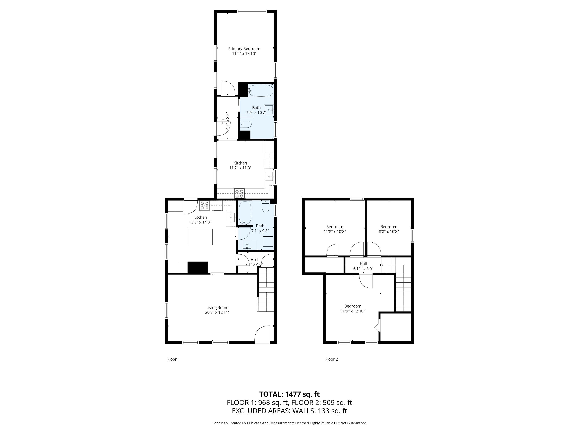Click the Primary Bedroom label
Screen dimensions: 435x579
point(244,49)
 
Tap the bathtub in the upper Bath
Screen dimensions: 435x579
point(261,91)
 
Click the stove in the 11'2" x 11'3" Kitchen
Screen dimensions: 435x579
point(239,194)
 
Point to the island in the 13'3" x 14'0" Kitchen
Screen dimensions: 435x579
point(200,236)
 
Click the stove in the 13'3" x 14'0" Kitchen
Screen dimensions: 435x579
point(204,205)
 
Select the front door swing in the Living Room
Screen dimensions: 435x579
point(262,334)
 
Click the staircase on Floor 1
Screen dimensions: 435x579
point(266,290)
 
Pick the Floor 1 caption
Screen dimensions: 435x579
point(173,359)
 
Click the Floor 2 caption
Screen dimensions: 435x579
point(331,359)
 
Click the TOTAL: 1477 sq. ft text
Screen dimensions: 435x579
point(289,394)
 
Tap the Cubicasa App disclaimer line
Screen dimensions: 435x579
point(289,423)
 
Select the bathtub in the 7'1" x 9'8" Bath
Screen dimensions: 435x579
point(245,213)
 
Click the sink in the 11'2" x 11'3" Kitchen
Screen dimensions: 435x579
point(269,177)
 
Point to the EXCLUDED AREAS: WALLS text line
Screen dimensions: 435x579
point(289,411)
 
